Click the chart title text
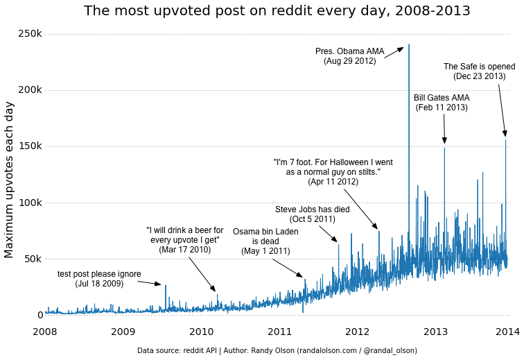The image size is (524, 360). click(277, 11)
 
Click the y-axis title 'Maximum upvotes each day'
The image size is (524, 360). click(9, 179)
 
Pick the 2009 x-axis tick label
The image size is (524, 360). click(123, 332)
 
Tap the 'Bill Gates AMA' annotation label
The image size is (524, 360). click(442, 103)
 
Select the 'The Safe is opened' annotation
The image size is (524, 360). click(479, 71)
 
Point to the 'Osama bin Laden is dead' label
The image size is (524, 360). click(265, 241)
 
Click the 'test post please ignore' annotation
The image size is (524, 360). click(99, 278)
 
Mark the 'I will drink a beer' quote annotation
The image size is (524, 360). click(185, 239)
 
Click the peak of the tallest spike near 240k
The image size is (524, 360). click(409, 45)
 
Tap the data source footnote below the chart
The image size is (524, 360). click(277, 351)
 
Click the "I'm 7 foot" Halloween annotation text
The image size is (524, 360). click(333, 171)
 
